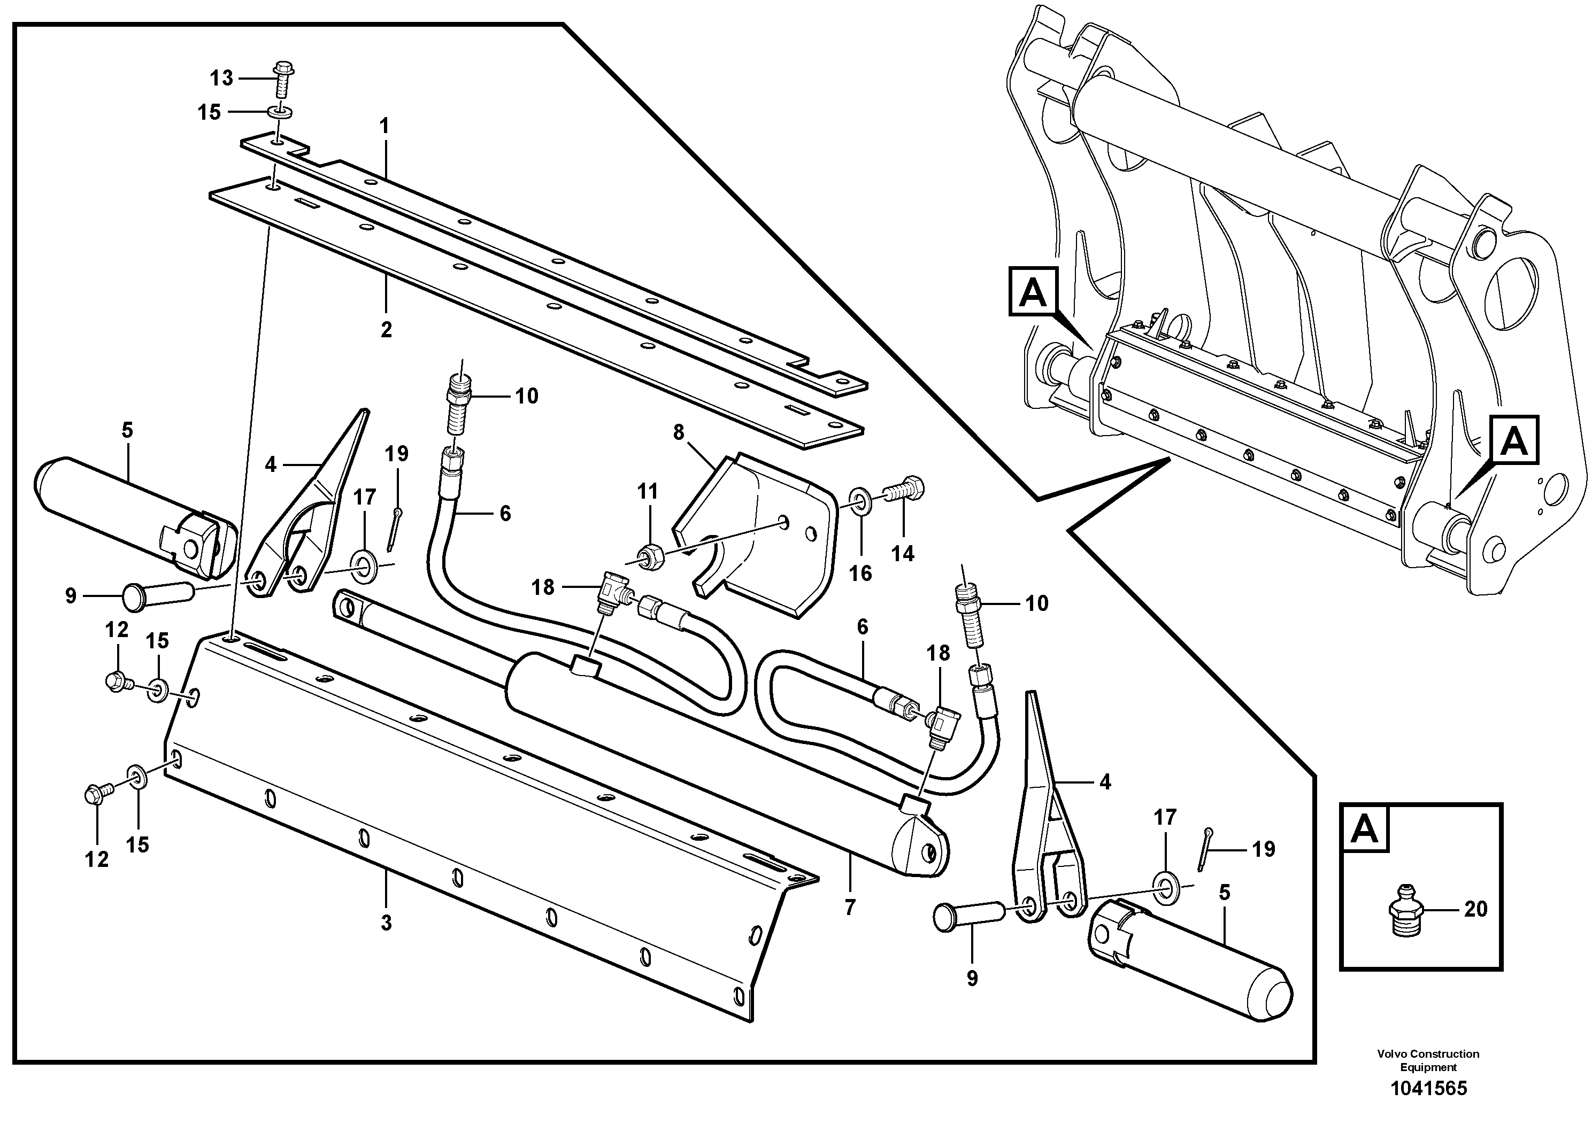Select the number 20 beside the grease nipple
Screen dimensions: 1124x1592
(1475, 909)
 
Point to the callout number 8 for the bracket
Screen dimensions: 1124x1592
(678, 432)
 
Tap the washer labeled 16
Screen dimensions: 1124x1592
(860, 500)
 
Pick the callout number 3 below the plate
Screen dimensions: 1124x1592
(386, 923)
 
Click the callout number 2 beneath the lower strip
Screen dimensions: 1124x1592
(386, 329)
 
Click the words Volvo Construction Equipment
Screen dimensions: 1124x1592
(1428, 1060)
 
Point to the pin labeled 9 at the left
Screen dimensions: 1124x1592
(157, 595)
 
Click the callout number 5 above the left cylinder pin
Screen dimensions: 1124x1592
(127, 430)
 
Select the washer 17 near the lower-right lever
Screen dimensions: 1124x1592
(1164, 883)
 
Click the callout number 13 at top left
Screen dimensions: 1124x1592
(222, 79)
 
